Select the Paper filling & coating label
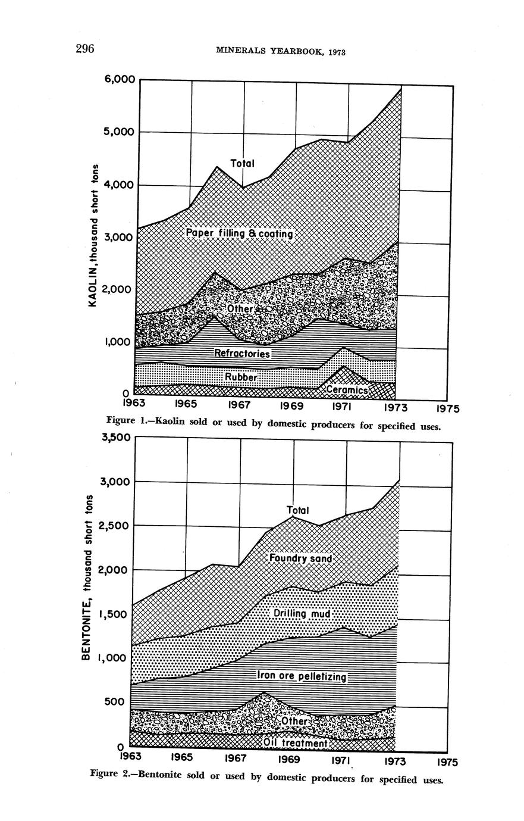coord(239,233)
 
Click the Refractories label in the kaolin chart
coord(242,354)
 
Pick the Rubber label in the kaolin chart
coord(241,377)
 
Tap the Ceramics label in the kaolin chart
coord(348,389)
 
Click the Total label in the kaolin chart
coord(242,163)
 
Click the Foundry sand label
coord(300,559)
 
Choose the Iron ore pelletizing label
coord(301,676)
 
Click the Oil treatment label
coord(296,744)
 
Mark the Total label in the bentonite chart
coord(298,510)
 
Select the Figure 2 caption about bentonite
coord(266,778)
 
